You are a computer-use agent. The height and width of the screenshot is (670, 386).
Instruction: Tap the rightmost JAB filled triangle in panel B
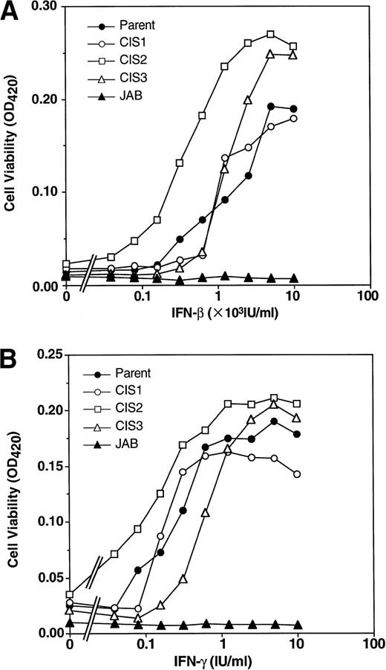(x=297, y=625)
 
